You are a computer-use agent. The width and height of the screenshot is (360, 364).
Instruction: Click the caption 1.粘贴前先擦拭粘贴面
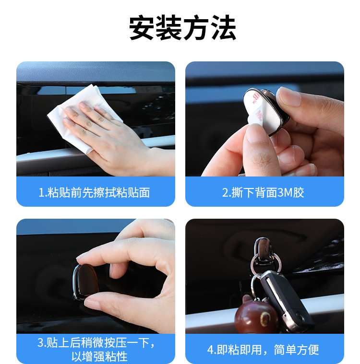(94, 193)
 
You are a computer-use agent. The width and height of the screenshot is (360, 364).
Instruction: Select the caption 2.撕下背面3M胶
(263, 193)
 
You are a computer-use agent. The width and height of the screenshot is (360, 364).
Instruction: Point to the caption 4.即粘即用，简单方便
(263, 350)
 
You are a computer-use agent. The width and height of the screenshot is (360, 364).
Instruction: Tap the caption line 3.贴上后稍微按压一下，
(96, 342)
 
